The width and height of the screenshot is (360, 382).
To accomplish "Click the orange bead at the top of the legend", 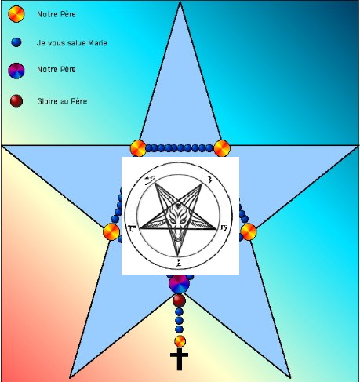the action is coord(16,14).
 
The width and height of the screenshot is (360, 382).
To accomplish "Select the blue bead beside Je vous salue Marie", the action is coord(16,42).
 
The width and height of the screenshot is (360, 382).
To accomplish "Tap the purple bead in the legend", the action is coord(16,71).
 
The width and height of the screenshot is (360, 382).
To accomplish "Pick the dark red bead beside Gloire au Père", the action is coord(16,101).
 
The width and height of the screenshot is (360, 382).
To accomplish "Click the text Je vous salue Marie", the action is coord(72,43).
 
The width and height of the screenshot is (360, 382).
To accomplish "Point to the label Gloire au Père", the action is coord(62,101).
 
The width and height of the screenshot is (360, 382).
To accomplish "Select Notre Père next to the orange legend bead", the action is coord(56,14).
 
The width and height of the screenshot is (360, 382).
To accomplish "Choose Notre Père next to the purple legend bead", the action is coord(56,69).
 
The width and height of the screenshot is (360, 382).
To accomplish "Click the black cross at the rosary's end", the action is coord(179,359).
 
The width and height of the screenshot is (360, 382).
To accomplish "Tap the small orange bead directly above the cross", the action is coord(180,341).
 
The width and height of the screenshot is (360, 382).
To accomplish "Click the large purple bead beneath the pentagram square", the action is coord(179,284).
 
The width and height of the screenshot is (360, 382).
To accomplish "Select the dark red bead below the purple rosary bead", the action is coord(179,300).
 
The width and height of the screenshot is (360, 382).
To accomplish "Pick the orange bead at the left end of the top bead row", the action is coord(138,148).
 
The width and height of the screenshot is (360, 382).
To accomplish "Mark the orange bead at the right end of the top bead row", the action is coord(222,148).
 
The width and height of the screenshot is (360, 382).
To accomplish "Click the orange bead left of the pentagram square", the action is coord(111,231).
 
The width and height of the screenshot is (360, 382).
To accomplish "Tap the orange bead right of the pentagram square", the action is coord(249,231).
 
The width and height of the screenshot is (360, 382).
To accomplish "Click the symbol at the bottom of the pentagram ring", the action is coord(179,262).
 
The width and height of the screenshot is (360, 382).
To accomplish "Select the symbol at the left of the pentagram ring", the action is coord(132,229).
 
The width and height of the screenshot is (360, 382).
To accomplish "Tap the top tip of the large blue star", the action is coord(180,2).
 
